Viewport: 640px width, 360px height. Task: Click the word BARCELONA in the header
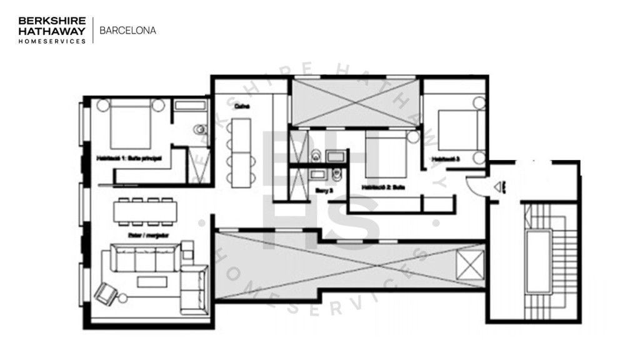(x=128, y=29)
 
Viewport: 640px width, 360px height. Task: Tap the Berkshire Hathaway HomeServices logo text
(x=52, y=29)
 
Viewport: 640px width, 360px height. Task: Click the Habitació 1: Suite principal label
(x=129, y=159)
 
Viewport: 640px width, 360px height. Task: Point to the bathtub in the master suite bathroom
(x=189, y=105)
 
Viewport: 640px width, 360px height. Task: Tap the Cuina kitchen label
(x=242, y=106)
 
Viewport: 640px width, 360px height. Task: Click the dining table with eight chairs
(x=146, y=211)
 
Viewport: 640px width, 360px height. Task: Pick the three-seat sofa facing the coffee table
(x=144, y=257)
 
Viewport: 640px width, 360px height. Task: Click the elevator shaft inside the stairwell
(x=538, y=261)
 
